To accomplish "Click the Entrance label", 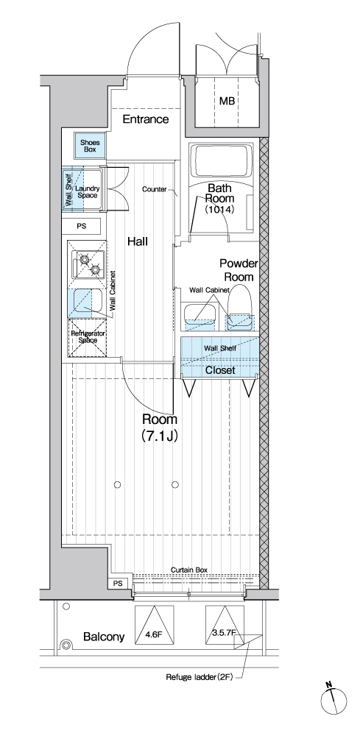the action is tap(146, 119).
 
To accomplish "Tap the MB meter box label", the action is tap(227, 101).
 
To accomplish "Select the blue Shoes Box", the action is tap(90, 146).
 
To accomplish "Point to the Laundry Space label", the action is tap(88, 192).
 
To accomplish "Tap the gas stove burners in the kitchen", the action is tap(88, 264).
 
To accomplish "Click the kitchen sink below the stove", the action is tap(85, 302).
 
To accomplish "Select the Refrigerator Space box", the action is tap(88, 337).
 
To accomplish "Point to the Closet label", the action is tap(220, 370).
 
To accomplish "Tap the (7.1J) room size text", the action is tap(160, 436).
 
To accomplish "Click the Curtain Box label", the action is tap(188, 570).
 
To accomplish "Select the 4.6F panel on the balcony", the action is tap(154, 625).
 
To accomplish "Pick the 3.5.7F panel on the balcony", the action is tap(225, 625).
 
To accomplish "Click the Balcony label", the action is tap(104, 637).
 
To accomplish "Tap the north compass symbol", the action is tap(333, 701).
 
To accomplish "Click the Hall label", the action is tap(138, 241).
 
